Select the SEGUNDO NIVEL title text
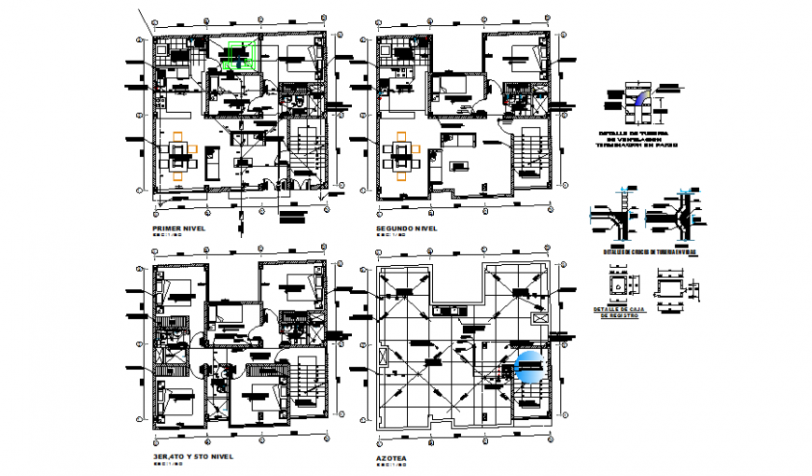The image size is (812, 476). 407,228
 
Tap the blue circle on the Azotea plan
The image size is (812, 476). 528,368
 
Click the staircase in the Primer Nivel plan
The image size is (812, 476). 303,154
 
